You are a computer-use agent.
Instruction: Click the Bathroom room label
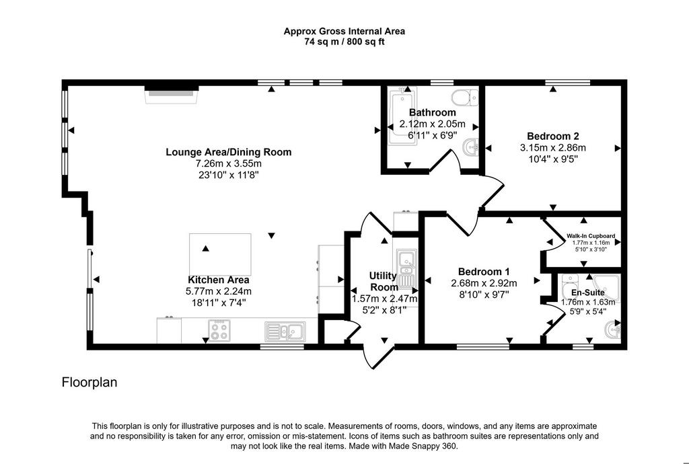(432, 112)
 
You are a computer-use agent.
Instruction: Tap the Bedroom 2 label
(553, 136)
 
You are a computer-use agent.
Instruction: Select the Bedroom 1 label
(484, 272)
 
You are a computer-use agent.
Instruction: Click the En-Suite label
(587, 293)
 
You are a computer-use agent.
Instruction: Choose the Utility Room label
(384, 281)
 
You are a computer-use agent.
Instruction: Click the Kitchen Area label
(219, 280)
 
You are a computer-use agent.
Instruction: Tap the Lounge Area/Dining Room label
(229, 153)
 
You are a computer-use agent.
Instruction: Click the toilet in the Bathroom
(465, 98)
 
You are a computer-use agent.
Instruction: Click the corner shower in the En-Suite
(606, 289)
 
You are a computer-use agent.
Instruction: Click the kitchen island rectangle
(220, 254)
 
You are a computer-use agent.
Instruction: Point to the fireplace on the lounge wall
(172, 95)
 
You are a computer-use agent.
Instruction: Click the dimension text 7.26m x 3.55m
(229, 163)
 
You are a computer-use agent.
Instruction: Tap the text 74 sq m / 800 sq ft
(344, 42)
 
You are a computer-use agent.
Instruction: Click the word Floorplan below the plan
(89, 383)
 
